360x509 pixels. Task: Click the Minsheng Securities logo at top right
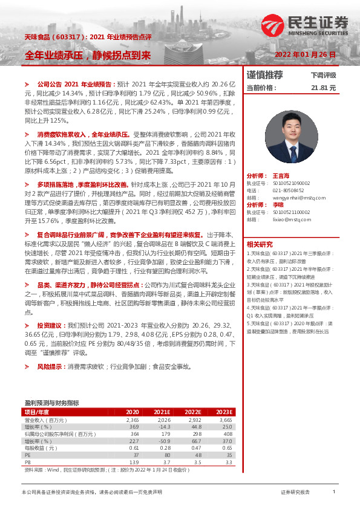click(306, 25)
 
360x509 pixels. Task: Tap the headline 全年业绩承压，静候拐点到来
click(87, 55)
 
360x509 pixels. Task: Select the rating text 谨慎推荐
click(264, 76)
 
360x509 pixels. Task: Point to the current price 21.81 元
click(323, 88)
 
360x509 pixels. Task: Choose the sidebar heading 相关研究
click(258, 244)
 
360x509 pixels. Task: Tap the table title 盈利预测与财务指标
click(51, 402)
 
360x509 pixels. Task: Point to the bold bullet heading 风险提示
click(51, 366)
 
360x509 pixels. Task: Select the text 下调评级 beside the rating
click(323, 76)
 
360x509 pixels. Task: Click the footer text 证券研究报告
click(295, 492)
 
